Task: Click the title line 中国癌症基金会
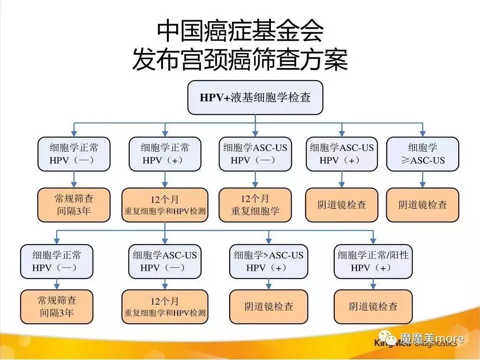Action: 240,31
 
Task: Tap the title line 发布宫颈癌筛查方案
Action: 240,60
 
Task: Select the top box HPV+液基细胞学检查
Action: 255,97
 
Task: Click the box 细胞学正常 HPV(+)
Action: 165,154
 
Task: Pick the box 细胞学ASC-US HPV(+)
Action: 342,154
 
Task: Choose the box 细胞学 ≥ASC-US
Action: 423,154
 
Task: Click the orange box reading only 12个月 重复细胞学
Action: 255,205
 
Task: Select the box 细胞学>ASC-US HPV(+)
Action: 269,262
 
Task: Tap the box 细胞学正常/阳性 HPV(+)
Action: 373,262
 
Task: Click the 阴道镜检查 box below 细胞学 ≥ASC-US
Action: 423,205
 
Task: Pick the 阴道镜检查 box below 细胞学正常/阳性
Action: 373,307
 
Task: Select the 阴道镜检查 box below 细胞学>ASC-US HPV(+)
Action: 269,307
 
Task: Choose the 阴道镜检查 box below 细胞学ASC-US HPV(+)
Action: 342,205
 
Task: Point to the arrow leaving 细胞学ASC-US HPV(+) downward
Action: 342,180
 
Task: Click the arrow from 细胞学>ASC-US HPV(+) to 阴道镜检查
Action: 269,284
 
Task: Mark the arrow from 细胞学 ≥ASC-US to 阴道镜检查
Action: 423,180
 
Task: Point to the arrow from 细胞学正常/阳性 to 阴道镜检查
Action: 373,284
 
